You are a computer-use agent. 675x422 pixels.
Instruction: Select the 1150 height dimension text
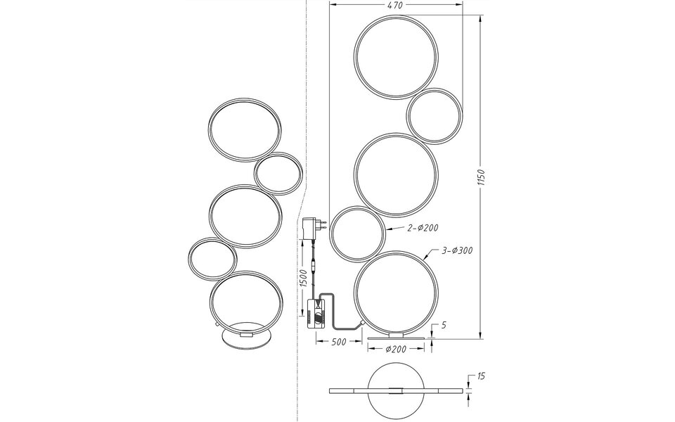point(480,180)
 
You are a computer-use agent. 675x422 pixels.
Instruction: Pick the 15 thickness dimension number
point(480,376)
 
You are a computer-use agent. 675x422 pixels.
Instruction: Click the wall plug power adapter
point(311,228)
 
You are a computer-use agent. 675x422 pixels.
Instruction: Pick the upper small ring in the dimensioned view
point(435,115)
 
